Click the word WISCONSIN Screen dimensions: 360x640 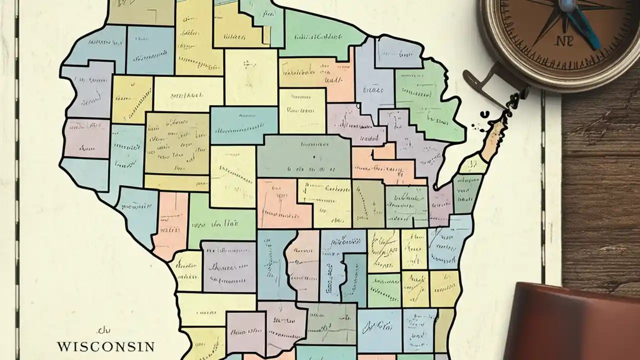point(105,346)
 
